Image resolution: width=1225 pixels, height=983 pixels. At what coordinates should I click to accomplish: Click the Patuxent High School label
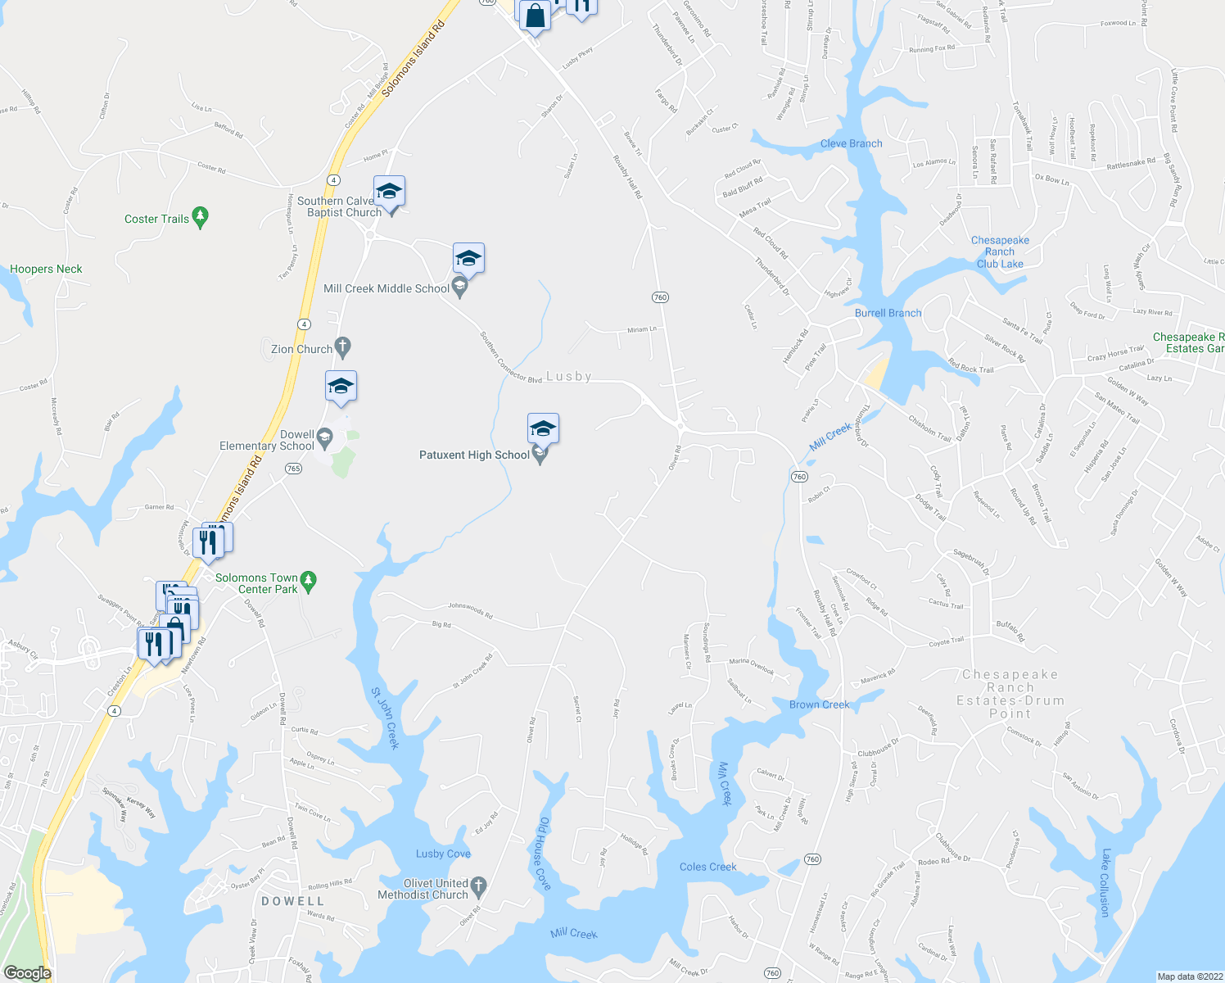pos(474,455)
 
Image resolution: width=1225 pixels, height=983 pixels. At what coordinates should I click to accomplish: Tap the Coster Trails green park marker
pos(201,217)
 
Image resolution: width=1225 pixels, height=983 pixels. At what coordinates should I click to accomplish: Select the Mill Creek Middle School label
pos(386,288)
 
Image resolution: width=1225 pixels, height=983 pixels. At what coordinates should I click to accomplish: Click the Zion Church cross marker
pos(343,348)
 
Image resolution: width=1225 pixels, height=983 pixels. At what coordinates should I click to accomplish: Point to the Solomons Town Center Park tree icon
pos(308,582)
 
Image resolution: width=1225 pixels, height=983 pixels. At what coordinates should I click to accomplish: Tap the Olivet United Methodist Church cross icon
pos(479,886)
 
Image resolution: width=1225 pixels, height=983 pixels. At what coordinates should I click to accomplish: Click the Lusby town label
pos(568,376)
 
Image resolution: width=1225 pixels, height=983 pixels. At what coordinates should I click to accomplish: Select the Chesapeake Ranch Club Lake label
pos(1000,252)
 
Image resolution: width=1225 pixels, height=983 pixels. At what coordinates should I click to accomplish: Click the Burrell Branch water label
pos(888,313)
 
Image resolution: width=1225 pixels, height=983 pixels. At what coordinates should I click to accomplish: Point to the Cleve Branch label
pos(851,143)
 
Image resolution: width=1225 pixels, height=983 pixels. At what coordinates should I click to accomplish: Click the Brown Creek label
pos(819,704)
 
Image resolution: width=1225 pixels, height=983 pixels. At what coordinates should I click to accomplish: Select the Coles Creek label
pos(707,867)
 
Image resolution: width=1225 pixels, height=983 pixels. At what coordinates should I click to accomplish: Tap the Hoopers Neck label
pos(46,269)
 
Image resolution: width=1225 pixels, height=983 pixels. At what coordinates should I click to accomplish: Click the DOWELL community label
pos(292,901)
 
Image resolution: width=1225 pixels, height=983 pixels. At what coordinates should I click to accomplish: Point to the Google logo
pos(27,973)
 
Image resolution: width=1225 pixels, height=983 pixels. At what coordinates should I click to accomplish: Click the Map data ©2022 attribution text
pos(1189,976)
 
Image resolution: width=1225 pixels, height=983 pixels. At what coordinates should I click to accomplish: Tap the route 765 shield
pos(294,469)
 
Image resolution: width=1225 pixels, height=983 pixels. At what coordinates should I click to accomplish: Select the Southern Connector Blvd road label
pos(511,357)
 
